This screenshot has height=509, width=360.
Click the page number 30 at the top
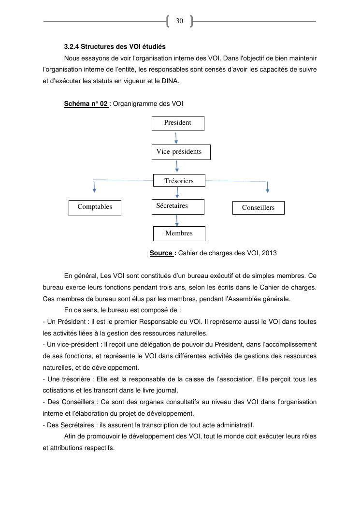coord(179,21)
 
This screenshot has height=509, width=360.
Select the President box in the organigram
coord(178,123)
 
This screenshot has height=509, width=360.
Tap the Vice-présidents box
coord(181,152)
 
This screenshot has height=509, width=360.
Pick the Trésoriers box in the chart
coord(179,181)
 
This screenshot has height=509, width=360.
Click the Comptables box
coord(95,208)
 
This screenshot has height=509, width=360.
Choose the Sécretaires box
coord(177,206)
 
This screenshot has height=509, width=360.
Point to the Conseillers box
coord(258,208)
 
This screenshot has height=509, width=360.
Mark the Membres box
coord(179,233)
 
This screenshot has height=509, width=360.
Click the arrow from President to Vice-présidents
coord(176,138)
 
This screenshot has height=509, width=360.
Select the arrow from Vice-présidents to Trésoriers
coord(178,166)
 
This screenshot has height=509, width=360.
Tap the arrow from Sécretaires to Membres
coord(177,220)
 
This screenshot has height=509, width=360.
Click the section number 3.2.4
coord(72,47)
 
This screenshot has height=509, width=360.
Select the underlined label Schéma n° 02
coord(86,103)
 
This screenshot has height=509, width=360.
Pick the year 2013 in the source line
coord(269,253)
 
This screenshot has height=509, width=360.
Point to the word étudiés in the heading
coord(154,47)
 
